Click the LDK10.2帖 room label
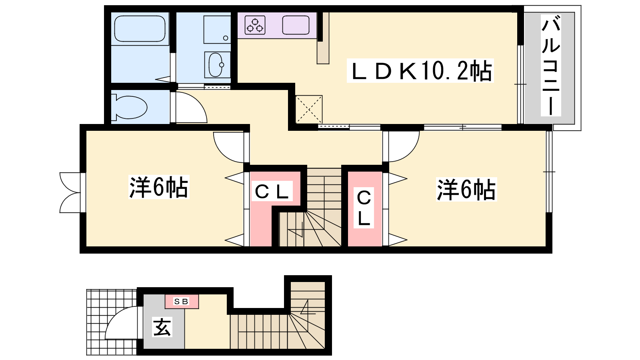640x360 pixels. click(x=420, y=70)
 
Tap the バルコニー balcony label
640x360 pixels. click(x=550, y=66)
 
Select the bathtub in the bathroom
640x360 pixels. click(x=140, y=28)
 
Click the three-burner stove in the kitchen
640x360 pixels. click(x=255, y=25)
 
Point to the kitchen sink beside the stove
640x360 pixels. click(x=296, y=25)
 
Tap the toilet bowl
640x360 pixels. click(x=129, y=107)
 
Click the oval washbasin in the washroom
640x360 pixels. click(x=216, y=65)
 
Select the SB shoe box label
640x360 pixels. click(x=181, y=301)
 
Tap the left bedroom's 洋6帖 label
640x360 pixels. click(x=159, y=187)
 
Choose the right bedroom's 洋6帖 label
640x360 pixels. click(x=466, y=190)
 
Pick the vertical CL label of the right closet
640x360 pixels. click(x=364, y=208)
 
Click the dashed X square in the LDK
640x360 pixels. click(x=309, y=110)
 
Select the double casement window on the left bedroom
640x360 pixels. click(x=70, y=192)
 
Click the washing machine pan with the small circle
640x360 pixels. click(x=217, y=30)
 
